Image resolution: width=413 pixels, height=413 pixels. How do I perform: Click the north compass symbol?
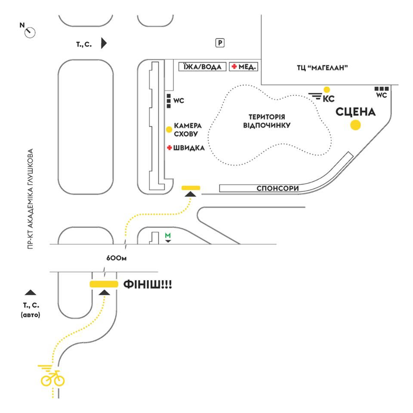pyautogui.click(x=30, y=31)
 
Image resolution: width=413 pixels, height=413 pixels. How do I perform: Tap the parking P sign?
pyautogui.click(x=220, y=43)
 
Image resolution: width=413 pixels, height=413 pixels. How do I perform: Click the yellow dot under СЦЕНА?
pyautogui.click(x=355, y=125)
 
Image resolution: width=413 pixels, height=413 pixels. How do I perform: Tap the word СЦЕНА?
pyautogui.click(x=356, y=112)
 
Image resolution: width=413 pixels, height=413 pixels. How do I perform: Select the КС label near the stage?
pyautogui.click(x=328, y=99)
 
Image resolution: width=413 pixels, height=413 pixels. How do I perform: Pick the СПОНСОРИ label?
pyautogui.click(x=277, y=188)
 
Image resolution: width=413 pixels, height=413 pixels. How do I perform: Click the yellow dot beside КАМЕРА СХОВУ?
pyautogui.click(x=170, y=129)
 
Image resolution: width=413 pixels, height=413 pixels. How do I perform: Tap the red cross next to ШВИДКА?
pyautogui.click(x=170, y=148)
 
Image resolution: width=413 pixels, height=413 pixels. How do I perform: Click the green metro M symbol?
pyautogui.click(x=168, y=235)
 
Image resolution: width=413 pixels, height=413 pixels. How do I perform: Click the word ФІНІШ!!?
pyautogui.click(x=148, y=284)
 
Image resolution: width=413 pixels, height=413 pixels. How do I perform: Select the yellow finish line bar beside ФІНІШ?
pyautogui.click(x=104, y=284)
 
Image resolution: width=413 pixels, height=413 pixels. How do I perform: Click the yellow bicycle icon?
pyautogui.click(x=52, y=379)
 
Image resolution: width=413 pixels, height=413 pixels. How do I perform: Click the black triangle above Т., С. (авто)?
pyautogui.click(x=30, y=292)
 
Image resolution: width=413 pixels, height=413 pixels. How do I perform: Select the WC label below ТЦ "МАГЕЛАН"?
pyautogui.click(x=382, y=95)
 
